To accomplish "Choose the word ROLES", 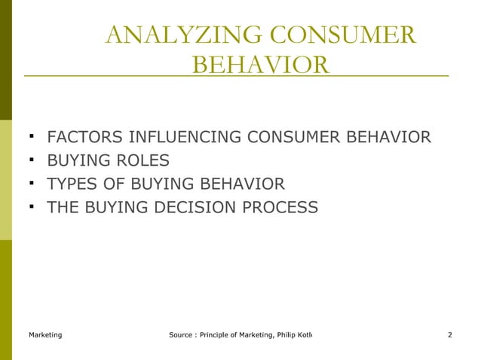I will click(x=140, y=161).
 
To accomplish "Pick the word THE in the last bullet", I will click(x=63, y=207).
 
